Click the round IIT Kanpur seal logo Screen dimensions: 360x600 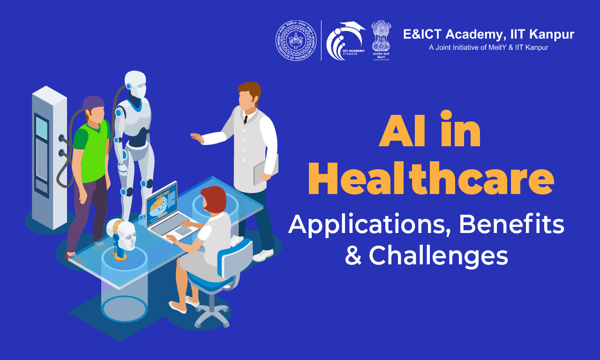point(296,40)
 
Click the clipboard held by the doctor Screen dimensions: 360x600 point(265,168)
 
